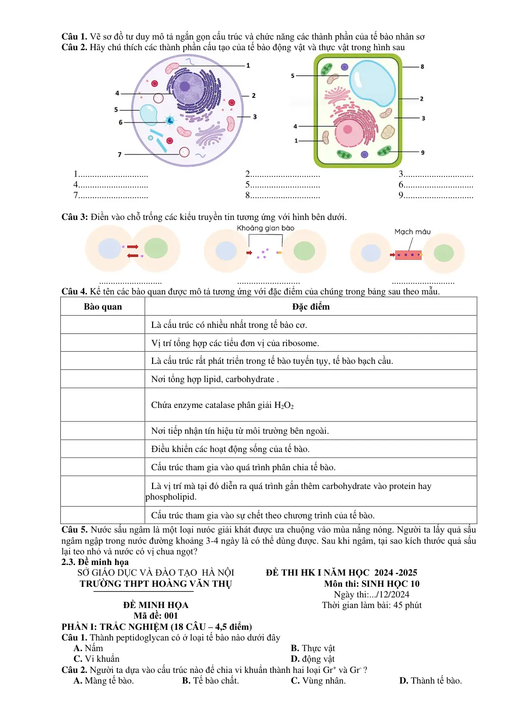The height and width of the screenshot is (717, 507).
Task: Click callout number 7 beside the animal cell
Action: click(x=120, y=155)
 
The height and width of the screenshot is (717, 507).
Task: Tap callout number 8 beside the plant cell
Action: click(x=422, y=66)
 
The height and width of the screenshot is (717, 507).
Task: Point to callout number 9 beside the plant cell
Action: click(x=422, y=153)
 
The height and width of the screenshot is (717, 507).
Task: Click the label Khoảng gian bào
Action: click(x=265, y=228)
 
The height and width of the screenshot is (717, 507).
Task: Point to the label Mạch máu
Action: click(x=412, y=232)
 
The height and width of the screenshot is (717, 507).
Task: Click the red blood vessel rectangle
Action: click(x=408, y=255)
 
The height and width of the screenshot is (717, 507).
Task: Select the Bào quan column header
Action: click(x=103, y=307)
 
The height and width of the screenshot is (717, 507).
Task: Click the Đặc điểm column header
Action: click(x=311, y=307)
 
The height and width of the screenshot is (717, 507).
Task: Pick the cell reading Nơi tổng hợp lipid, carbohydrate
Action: click(x=215, y=380)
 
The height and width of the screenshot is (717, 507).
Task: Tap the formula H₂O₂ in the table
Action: click(x=284, y=405)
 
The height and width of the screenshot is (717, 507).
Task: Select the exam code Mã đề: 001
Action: click(x=156, y=616)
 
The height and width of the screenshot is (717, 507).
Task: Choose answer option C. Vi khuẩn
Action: click(x=96, y=659)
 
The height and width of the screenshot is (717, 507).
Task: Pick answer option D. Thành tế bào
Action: click(x=430, y=681)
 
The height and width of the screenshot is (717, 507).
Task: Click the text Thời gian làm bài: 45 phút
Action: click(x=372, y=605)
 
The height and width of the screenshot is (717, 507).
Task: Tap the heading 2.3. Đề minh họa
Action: click(x=95, y=562)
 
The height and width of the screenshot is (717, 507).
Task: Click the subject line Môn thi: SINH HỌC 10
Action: click(x=372, y=584)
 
